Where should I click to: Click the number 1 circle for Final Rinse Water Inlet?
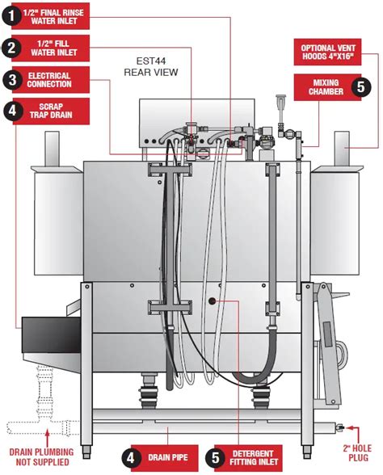(11, 16)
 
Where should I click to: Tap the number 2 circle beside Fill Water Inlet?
(11, 48)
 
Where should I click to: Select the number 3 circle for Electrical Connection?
(12, 80)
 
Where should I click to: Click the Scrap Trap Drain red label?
(51, 111)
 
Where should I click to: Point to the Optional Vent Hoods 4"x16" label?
(327, 52)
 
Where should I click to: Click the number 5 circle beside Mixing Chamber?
(361, 87)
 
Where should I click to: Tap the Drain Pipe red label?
(165, 458)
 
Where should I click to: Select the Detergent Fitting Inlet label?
(248, 458)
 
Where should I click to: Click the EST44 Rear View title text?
(151, 66)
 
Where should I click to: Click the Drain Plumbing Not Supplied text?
(41, 457)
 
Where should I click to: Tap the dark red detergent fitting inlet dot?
(212, 301)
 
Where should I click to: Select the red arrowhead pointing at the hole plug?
(348, 428)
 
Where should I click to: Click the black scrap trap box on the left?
(51, 334)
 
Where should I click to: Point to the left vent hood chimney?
(52, 149)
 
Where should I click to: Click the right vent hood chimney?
(342, 149)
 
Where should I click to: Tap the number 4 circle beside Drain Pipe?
(130, 458)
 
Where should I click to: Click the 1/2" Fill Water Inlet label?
(51, 48)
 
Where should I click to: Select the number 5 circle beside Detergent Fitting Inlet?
(216, 458)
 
